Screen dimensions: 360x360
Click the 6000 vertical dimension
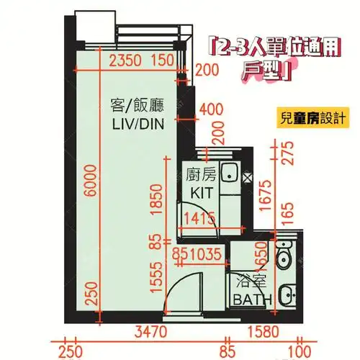88,186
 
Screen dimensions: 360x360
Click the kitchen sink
230,174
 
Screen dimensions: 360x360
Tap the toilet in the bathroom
286,255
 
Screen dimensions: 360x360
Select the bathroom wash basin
287,294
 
